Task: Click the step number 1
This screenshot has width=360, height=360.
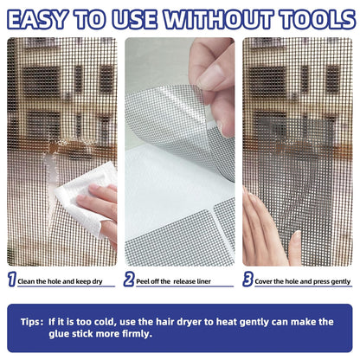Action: tap(11, 280)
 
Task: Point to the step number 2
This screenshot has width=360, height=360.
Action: tap(129, 280)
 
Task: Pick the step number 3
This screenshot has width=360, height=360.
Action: tap(247, 280)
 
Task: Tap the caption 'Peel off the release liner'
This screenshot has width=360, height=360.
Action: tap(180, 281)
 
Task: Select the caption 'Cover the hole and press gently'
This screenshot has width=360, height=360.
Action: tap(302, 281)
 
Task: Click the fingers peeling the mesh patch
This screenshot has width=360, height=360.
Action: tap(212, 69)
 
